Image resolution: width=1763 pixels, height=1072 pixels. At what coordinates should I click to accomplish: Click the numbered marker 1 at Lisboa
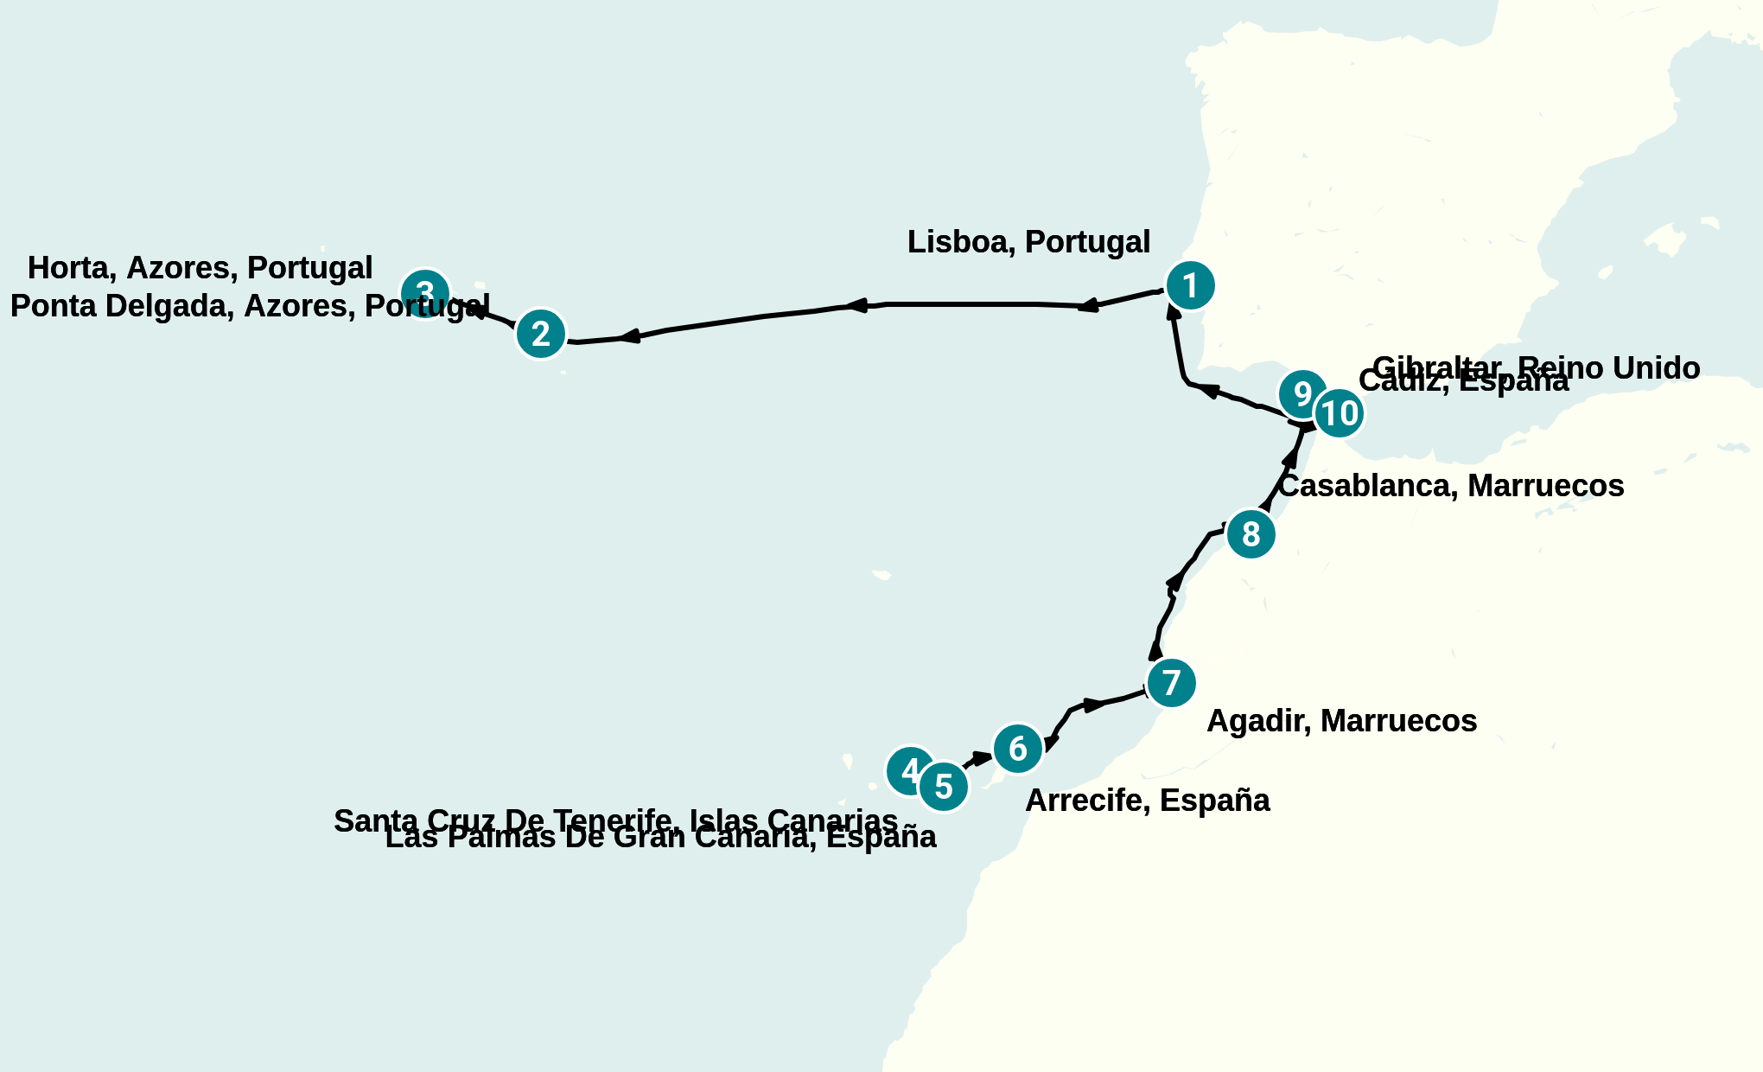point(1190,285)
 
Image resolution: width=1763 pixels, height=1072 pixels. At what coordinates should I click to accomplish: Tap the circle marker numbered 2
point(541,334)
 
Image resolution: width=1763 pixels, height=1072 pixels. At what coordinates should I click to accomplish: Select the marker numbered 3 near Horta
point(425,292)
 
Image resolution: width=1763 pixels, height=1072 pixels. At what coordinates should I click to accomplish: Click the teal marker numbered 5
point(944,787)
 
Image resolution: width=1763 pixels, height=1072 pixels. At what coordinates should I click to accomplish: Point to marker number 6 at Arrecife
point(1018,749)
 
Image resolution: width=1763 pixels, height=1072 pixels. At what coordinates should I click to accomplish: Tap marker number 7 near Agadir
point(1171,683)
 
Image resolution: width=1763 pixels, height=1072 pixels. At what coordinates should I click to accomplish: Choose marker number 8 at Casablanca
point(1251,534)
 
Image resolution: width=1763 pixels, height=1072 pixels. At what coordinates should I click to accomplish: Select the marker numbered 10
point(1340,413)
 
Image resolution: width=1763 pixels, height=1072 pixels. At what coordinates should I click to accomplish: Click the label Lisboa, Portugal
point(1028,242)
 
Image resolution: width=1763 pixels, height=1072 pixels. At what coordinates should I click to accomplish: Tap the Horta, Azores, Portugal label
point(200,268)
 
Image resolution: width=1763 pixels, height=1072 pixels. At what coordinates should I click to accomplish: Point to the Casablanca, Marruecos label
point(1451,486)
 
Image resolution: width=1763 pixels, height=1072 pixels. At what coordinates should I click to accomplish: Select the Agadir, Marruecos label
point(1341,721)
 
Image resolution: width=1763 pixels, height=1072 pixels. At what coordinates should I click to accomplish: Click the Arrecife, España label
point(1147,801)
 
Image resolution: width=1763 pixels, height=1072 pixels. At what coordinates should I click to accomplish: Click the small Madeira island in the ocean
point(881,575)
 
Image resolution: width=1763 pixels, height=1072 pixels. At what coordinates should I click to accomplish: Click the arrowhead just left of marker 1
point(1089,305)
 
